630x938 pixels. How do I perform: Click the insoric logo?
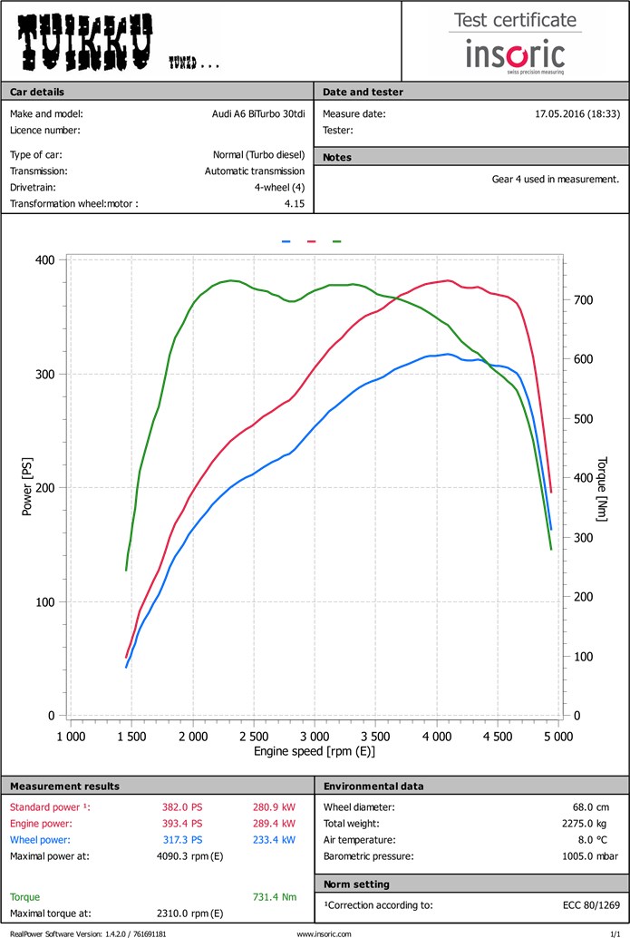pos(515,55)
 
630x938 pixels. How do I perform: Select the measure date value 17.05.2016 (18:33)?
pos(577,114)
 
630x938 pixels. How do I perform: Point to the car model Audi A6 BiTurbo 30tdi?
pos(253,114)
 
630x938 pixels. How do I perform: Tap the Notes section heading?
pos(337,157)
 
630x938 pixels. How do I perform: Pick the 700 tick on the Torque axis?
pos(583,299)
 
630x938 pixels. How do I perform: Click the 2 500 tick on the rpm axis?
pos(254,736)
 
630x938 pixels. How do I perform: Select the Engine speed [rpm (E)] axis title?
pos(314,752)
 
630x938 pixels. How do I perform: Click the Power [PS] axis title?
pos(27,487)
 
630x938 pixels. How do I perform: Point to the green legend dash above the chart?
pos(337,242)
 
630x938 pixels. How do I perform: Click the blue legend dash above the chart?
pos(286,242)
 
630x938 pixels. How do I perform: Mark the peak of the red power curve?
pos(448,280)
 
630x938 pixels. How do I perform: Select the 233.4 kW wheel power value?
pos(275,840)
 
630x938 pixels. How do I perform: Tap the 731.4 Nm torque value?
pos(275,897)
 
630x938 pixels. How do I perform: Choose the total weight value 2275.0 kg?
pos(592,824)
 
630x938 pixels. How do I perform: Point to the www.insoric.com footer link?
pos(324,933)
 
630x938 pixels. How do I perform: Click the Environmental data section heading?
pos(373,786)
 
